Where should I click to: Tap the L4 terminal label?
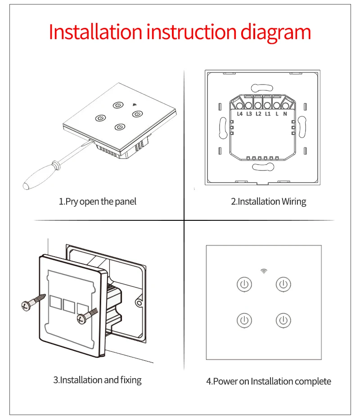pos(240,114)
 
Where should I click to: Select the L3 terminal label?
pos(249,114)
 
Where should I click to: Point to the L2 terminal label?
pos(258,114)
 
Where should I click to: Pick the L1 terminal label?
pos(267,114)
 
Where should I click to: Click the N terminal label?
pos(285,114)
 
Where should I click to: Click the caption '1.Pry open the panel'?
pos(98,201)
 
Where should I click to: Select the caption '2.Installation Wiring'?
pos(269,201)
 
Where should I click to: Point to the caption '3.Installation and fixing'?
pos(97,380)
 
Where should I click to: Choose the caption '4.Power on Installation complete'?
pos(269,381)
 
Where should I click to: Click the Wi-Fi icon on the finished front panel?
pos(264,271)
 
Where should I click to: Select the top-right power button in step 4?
pos(283,284)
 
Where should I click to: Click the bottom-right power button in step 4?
pos(283,321)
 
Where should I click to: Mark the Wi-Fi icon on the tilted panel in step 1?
pos(134,105)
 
